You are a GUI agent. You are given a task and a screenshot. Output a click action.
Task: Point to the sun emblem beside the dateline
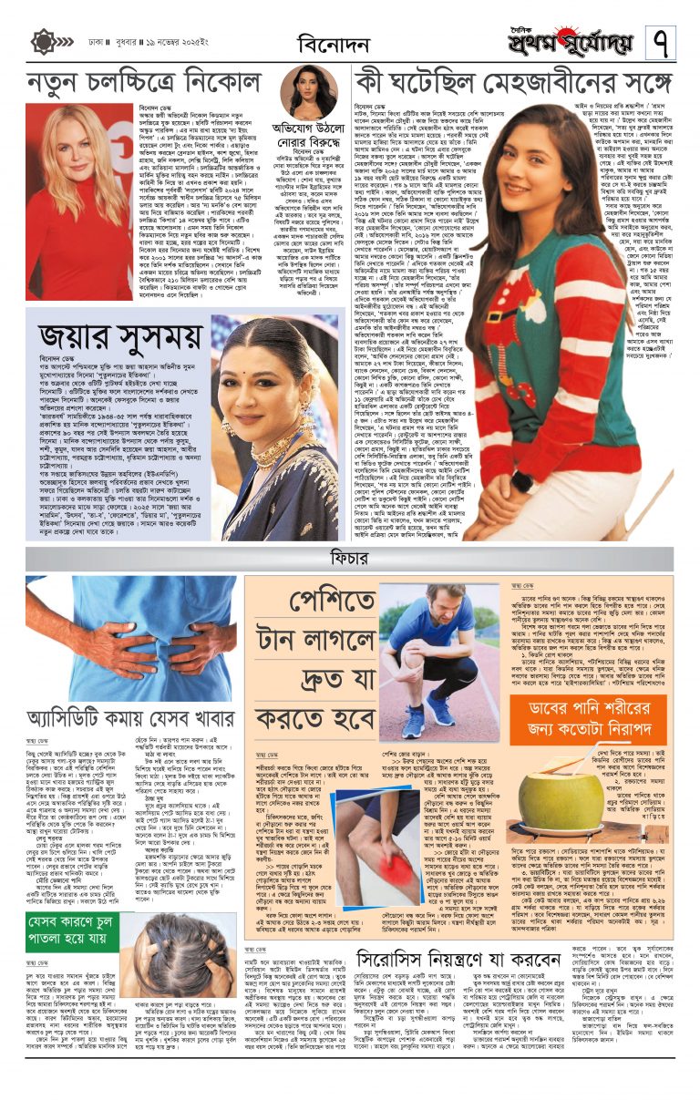click(43, 42)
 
